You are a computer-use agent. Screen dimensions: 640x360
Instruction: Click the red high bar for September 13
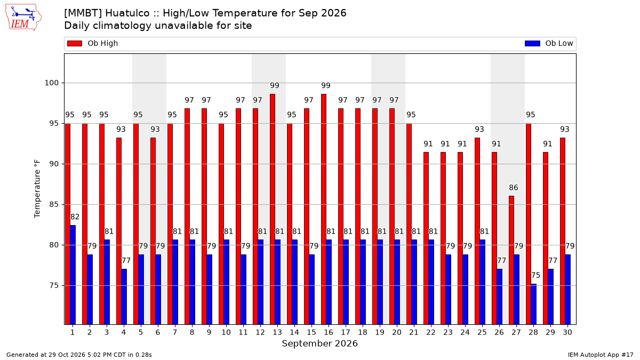pos(273,209)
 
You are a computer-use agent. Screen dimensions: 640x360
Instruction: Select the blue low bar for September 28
pos(534,305)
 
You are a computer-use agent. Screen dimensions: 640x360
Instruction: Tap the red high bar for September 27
pos(511,260)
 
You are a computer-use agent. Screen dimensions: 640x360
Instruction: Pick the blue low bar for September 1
pos(73,275)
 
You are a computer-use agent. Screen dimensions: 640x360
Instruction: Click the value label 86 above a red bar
pos(514,188)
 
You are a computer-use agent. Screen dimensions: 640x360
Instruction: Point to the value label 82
pos(75,217)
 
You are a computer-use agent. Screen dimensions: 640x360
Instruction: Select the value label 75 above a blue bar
pos(535,275)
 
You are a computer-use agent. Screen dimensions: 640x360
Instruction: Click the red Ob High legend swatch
pos(75,43)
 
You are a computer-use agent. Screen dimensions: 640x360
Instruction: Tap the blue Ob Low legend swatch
pos(533,43)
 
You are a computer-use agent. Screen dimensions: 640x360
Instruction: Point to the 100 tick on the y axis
pos(51,83)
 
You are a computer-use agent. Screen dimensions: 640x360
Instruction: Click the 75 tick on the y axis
pos(54,286)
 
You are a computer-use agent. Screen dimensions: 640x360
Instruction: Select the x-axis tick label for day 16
pos(329,332)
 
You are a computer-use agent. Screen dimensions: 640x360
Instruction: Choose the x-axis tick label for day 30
pos(567,332)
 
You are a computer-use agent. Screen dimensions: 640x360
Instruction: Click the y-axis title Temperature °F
pos(37,189)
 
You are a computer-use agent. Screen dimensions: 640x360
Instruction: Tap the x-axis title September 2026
pos(319,343)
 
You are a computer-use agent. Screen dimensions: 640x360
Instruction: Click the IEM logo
pos(23,18)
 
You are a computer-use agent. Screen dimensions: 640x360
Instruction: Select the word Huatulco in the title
pos(127,13)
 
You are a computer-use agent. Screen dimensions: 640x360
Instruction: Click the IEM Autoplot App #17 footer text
pos(601,355)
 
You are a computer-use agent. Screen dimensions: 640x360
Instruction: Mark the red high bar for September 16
pos(324,209)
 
